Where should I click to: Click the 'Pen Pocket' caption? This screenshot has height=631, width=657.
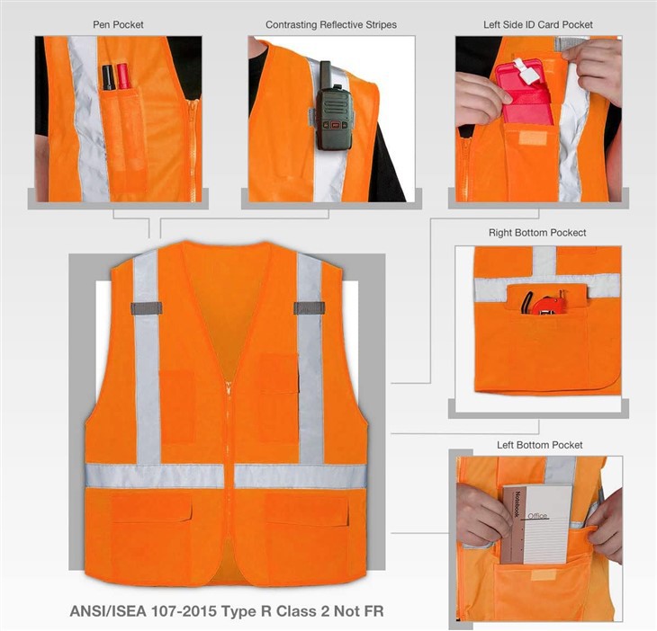[118, 24]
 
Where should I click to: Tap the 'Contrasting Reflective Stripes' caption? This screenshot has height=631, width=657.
[330, 24]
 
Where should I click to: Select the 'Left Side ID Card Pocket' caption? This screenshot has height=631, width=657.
[537, 24]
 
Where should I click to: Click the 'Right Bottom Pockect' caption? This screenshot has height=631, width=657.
[537, 233]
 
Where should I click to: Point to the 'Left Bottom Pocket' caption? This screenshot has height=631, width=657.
[539, 445]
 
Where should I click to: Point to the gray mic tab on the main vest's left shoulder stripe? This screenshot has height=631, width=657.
[146, 308]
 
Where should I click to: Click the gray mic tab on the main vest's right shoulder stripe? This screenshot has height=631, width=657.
[309, 308]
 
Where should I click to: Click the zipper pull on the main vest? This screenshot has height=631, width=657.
[229, 388]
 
